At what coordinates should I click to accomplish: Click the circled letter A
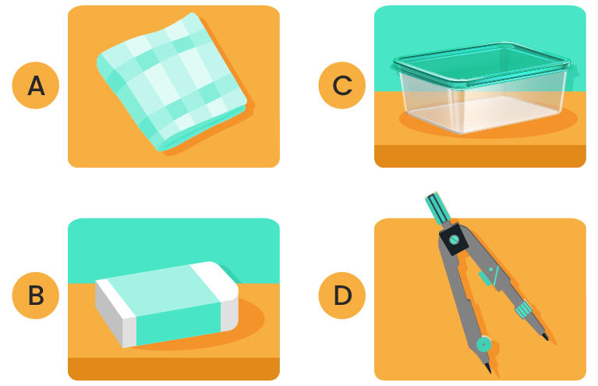tap(36, 85)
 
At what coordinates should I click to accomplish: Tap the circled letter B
tap(36, 296)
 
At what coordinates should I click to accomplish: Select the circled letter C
tap(342, 85)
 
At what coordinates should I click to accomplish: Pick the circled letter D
tap(342, 296)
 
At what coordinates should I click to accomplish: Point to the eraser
tap(167, 304)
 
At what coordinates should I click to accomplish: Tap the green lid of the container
tap(481, 63)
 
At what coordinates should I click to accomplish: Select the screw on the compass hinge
tap(454, 240)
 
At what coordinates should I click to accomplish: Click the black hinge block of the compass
tap(454, 239)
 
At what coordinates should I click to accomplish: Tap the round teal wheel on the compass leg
tap(484, 345)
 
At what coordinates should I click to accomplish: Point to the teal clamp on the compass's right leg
tap(523, 309)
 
